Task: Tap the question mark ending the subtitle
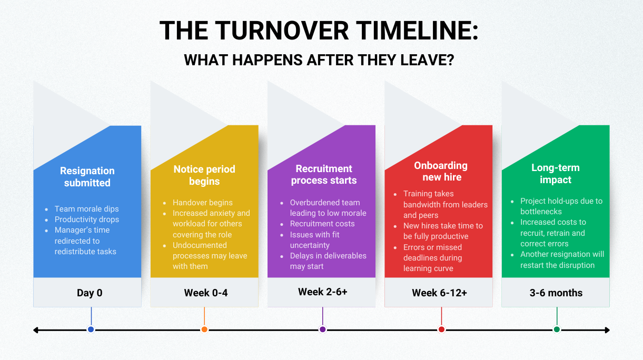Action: pos(450,60)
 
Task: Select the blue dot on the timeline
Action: pos(91,329)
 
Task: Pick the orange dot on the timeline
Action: pos(204,329)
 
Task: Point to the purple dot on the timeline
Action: pos(323,329)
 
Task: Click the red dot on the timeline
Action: pos(441,329)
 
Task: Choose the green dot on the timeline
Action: pos(557,329)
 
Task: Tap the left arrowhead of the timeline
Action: pos(36,330)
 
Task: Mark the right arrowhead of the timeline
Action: pos(607,330)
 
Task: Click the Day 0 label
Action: pos(90,293)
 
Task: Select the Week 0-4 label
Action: pos(206,293)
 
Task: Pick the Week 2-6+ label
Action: pos(323,292)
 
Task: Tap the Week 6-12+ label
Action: pos(440,293)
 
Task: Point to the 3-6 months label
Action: pos(556,293)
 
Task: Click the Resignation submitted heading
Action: pos(87,177)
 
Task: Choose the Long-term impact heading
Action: pos(556,174)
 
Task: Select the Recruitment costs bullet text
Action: pos(322,224)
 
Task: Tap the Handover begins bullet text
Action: pos(202,203)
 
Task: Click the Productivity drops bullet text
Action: pos(87,219)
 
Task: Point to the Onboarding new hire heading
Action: pos(441,171)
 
